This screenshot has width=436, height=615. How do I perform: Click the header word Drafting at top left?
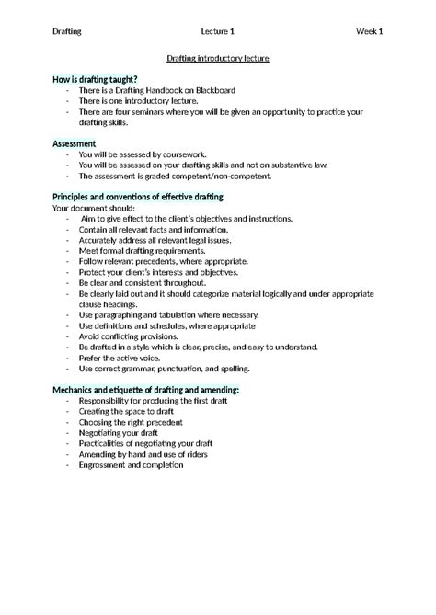pos(67,31)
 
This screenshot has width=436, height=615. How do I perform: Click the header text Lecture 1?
pos(218,31)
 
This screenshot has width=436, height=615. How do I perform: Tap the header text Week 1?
pos(370,31)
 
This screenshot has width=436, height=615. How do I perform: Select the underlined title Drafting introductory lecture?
pos(218,58)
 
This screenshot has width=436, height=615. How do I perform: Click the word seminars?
pos(158,112)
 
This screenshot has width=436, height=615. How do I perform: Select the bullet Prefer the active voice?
pos(124,358)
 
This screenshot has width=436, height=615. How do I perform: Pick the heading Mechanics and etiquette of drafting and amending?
pos(146,390)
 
